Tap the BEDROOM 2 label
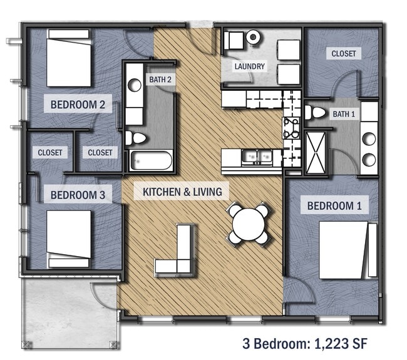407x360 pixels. tap(78, 104)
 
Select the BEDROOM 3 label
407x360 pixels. tap(78, 195)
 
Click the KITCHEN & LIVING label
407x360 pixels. tap(182, 191)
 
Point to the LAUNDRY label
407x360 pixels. tap(250, 66)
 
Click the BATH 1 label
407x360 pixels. tap(343, 114)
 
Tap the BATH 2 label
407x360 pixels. tap(160, 80)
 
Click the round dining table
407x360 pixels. tap(249, 222)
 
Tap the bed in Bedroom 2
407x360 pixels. tap(69, 58)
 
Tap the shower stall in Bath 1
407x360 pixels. tap(316, 151)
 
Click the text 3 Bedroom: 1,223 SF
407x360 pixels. tap(304, 343)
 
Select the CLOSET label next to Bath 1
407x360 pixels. tap(344, 54)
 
